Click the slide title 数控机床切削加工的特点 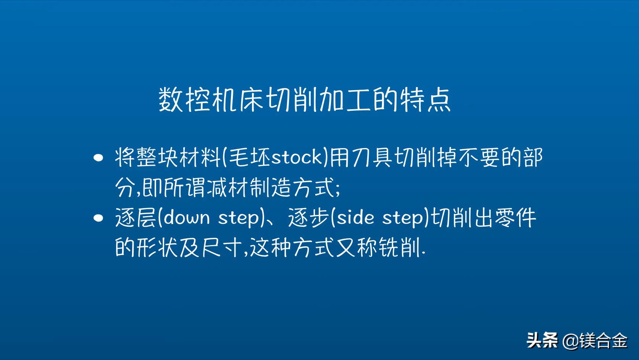click(x=304, y=100)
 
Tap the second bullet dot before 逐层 click(x=98, y=218)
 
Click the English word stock click(x=297, y=157)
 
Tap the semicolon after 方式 click(x=337, y=189)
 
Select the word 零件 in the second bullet click(x=515, y=218)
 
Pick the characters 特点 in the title click(x=425, y=100)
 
